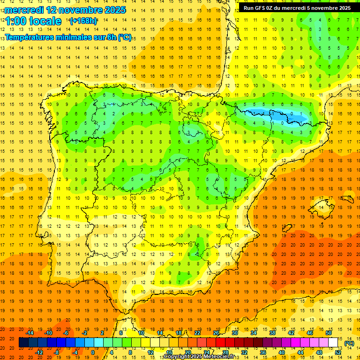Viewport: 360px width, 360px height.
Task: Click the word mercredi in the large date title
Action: click(x=24, y=10)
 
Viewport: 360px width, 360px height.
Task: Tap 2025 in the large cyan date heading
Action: click(x=113, y=10)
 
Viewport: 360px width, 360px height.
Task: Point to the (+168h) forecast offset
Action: click(x=83, y=21)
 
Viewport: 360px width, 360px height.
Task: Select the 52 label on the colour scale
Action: click(x=338, y=352)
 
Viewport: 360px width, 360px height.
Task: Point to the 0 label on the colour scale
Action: click(x=92, y=352)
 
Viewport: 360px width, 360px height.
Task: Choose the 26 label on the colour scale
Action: click(x=216, y=333)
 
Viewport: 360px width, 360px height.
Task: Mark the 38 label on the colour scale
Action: click(x=272, y=333)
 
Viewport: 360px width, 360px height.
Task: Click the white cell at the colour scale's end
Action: click(x=333, y=343)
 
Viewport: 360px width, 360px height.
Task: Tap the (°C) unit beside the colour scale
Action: click(x=349, y=343)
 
